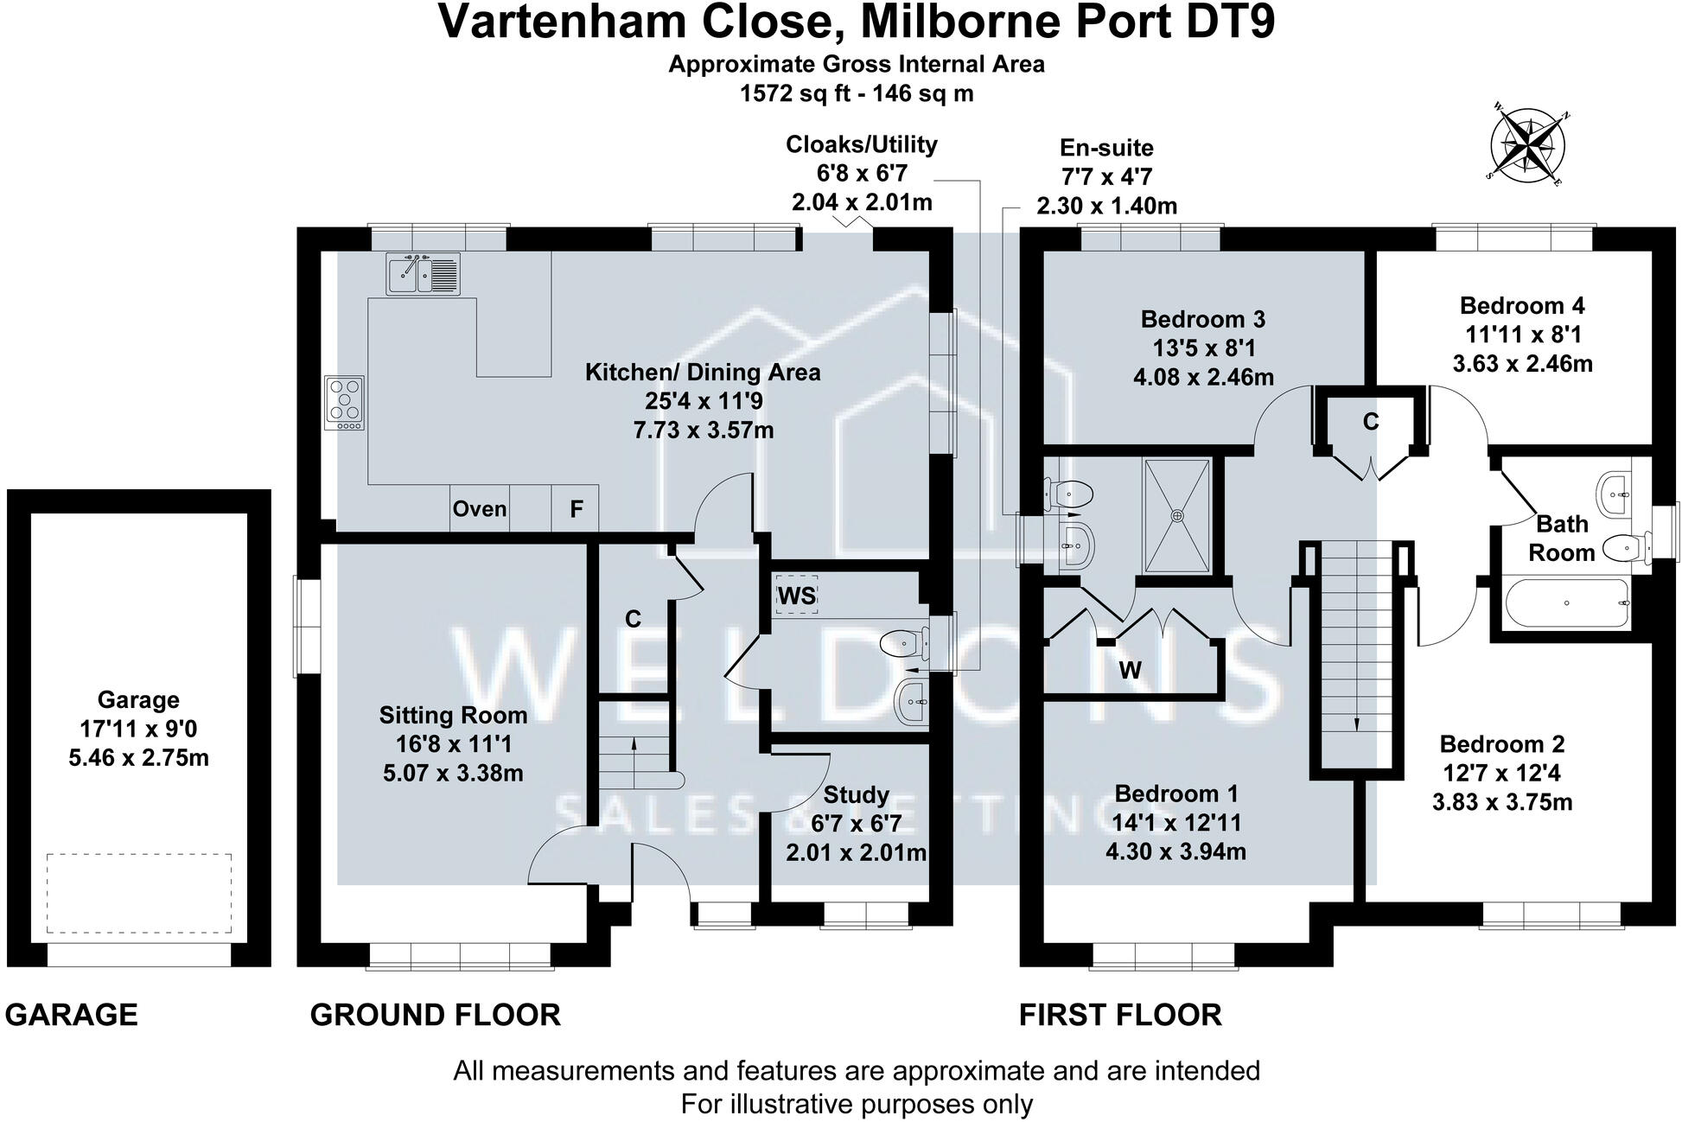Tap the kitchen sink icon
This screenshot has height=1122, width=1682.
424,273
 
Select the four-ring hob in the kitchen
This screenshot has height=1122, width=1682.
345,403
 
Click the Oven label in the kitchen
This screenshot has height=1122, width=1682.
480,508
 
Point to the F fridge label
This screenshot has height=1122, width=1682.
577,509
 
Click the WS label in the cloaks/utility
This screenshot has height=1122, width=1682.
797,596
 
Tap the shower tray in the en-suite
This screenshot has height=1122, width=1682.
1177,515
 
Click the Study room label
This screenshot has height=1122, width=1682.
856,794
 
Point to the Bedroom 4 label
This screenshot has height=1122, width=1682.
1522,305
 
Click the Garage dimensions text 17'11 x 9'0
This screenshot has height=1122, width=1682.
138,729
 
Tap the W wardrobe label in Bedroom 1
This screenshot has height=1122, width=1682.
1130,670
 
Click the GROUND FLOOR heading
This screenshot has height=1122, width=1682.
435,1014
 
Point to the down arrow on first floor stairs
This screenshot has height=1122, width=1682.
1355,724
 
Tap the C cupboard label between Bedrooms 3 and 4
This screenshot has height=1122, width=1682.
1370,422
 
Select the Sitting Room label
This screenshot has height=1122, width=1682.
453,715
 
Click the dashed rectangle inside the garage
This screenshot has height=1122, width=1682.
138,893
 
